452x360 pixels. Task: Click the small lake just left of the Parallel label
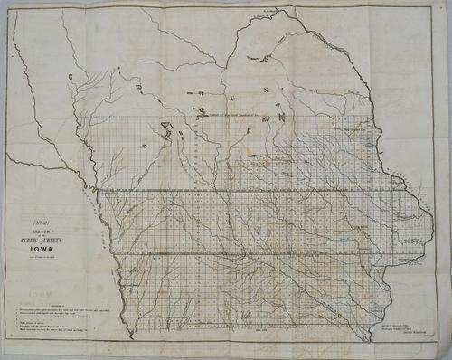(x=200, y=115)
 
